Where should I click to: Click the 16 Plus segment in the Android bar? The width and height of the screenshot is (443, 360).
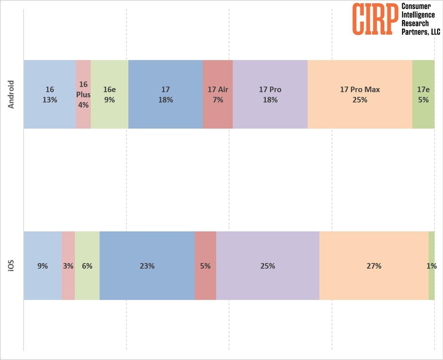(x=83, y=94)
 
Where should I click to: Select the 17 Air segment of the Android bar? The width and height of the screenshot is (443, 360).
(x=218, y=94)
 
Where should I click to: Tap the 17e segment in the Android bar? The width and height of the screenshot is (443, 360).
(x=423, y=94)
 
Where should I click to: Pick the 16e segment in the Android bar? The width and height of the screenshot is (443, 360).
(x=110, y=94)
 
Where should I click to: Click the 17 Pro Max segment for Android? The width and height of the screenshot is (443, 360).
(x=360, y=94)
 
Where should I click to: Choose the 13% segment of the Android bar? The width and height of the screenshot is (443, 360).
(x=50, y=94)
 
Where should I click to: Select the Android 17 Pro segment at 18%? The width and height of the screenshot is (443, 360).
(x=270, y=94)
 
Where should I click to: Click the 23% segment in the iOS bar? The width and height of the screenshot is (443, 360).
(x=147, y=266)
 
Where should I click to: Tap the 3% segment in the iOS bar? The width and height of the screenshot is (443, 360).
(x=68, y=266)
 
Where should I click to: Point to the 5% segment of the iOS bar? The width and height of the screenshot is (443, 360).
(x=206, y=266)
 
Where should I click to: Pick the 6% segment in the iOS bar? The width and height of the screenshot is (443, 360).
(x=87, y=266)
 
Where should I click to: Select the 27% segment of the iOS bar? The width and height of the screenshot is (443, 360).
(x=374, y=266)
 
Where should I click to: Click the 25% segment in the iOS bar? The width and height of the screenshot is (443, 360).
(x=268, y=266)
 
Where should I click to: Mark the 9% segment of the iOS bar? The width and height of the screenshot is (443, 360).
(x=43, y=266)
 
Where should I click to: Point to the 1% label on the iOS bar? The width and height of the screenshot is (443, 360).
(x=432, y=266)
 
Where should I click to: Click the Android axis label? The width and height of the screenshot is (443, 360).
(x=11, y=94)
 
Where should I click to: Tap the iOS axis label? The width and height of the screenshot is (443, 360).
(x=11, y=266)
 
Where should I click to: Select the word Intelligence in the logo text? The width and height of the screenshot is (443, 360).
(x=418, y=15)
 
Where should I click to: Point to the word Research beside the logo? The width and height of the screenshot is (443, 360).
(x=415, y=23)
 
